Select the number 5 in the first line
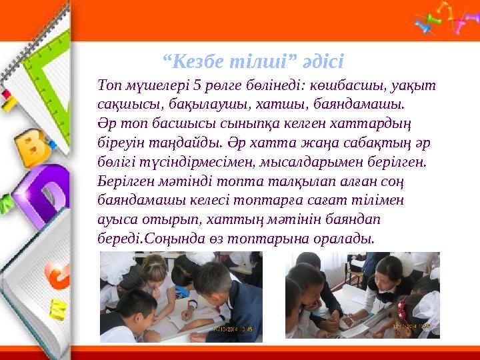[197, 85]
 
